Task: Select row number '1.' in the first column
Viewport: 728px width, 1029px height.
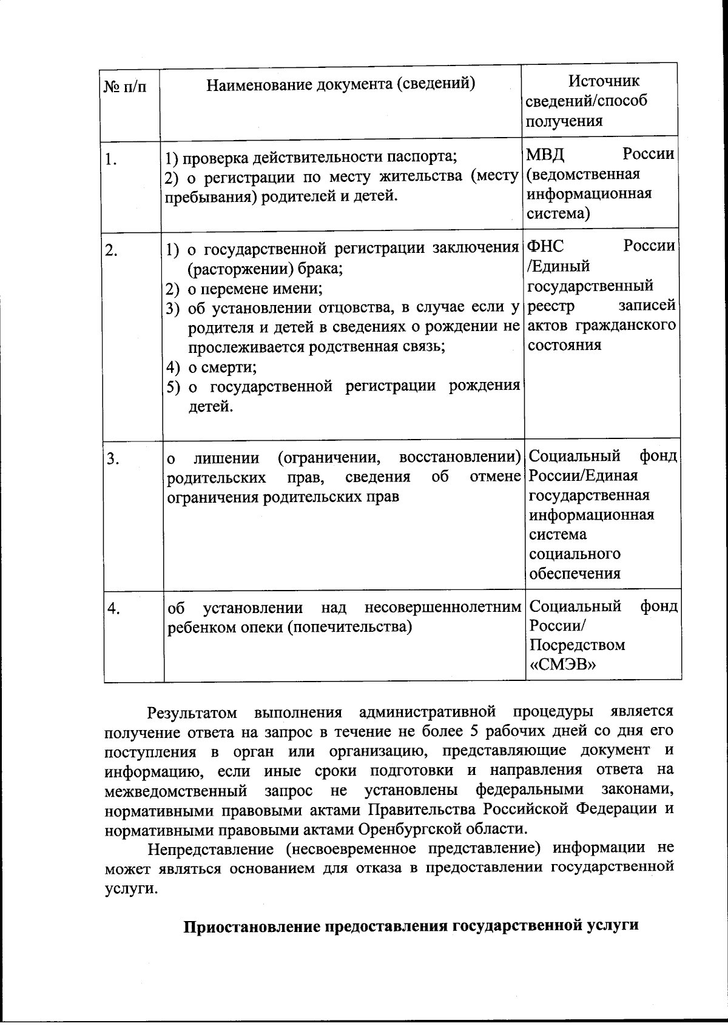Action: (110, 160)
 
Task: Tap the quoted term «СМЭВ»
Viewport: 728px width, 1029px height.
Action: (563, 665)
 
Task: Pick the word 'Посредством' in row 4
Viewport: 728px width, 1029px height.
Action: (577, 645)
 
